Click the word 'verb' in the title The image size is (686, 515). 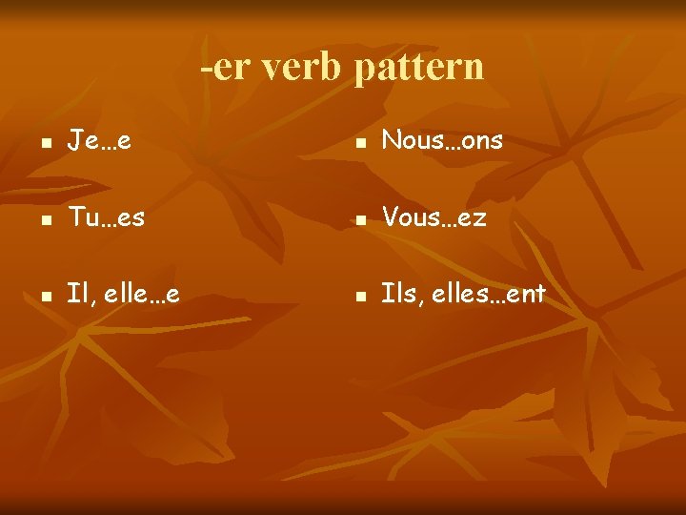[x=300, y=67]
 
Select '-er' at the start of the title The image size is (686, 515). [x=221, y=67]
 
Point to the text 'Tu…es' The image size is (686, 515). [x=106, y=217]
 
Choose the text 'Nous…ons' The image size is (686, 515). [x=442, y=141]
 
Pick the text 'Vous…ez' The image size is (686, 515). [x=434, y=217]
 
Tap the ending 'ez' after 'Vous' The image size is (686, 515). [x=474, y=218]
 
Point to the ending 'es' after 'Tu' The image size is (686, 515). [x=132, y=218]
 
